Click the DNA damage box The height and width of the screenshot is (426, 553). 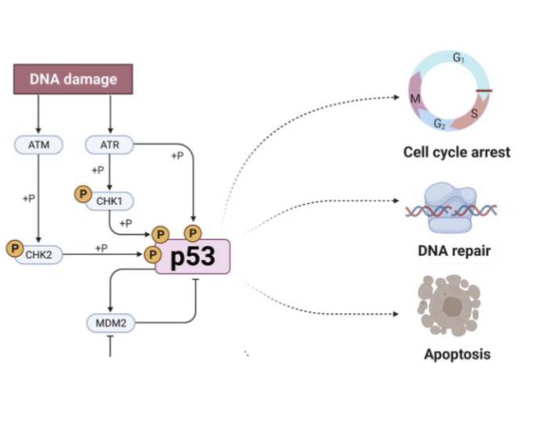(74, 79)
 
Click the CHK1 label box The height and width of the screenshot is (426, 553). (110, 201)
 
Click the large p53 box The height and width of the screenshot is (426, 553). (193, 257)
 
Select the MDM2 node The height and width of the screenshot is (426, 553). (110, 321)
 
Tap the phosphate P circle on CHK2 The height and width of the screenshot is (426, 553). (13, 248)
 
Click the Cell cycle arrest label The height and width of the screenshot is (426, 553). (456, 152)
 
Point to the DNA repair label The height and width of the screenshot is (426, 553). (454, 251)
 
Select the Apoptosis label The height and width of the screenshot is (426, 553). (457, 354)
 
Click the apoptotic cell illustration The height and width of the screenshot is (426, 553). (449, 305)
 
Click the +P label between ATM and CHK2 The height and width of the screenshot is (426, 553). (28, 198)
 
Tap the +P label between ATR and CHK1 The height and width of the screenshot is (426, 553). (98, 170)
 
